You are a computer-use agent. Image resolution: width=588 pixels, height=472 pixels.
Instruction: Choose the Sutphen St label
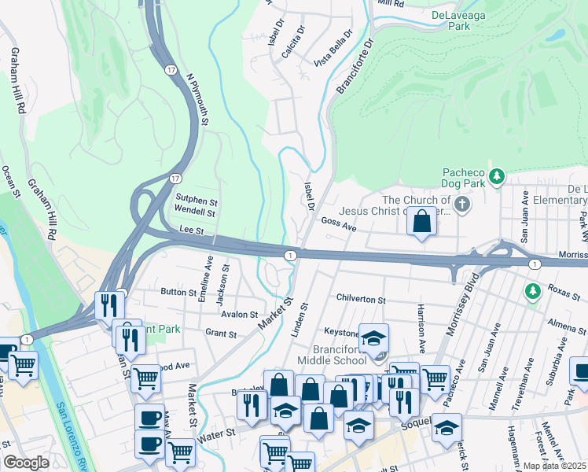pos(196,201)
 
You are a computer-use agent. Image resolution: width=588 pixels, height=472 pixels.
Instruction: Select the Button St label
pos(178,292)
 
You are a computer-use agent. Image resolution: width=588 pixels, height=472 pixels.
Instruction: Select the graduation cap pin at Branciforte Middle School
pos(375,337)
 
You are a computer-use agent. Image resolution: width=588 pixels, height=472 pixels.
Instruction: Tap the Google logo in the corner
pos(26,463)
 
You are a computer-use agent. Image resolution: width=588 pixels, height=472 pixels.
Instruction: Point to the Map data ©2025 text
pos(554,466)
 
